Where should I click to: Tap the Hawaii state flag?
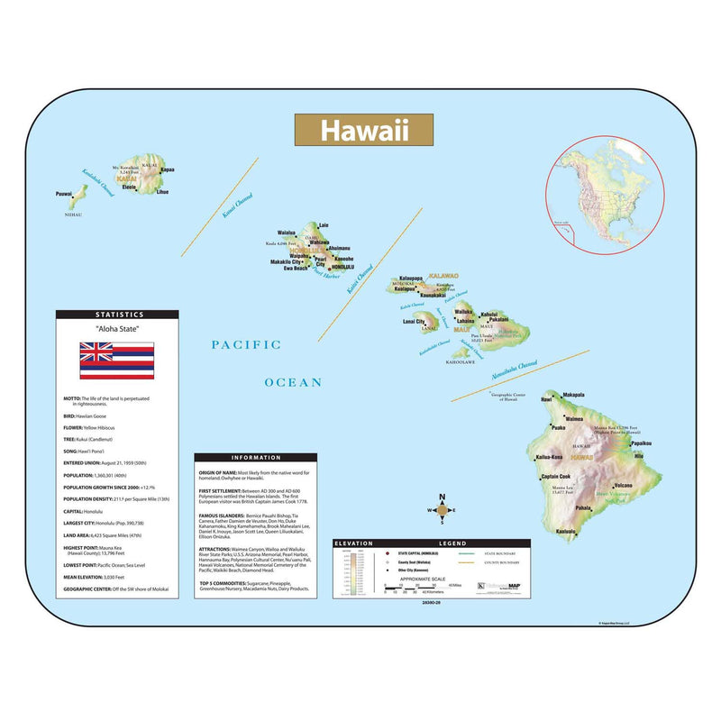(x=116, y=360)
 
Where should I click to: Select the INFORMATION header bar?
(x=255, y=457)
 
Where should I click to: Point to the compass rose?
(x=441, y=509)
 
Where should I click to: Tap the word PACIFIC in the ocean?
(x=246, y=344)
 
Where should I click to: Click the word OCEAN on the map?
(x=293, y=382)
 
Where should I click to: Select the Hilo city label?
(x=640, y=457)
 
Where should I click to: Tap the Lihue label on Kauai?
(x=162, y=192)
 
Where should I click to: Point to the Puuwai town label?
(x=63, y=194)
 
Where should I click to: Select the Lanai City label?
(x=414, y=321)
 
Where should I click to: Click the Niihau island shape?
(x=78, y=197)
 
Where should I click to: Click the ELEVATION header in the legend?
(x=353, y=543)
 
